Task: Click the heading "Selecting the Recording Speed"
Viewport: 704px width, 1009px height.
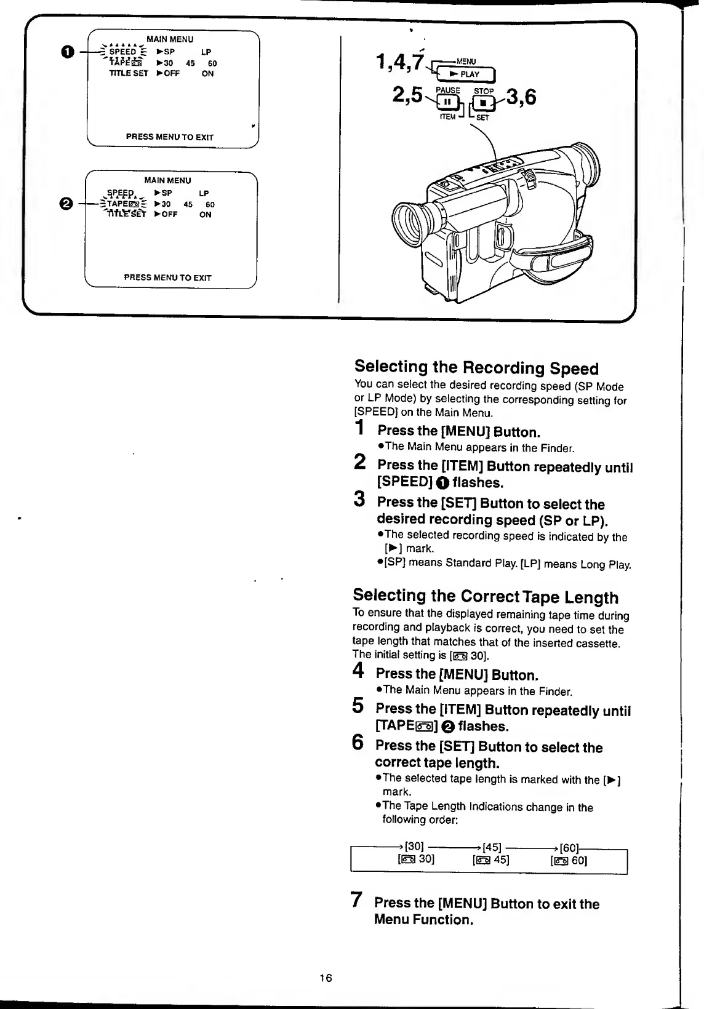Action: (476, 367)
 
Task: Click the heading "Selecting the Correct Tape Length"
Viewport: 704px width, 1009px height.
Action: (486, 596)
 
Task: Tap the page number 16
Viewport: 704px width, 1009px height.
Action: (326, 978)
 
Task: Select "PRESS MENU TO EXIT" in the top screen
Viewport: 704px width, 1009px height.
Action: (169, 137)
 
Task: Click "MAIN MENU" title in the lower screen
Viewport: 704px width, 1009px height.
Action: (167, 180)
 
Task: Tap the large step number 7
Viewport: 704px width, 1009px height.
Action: (356, 900)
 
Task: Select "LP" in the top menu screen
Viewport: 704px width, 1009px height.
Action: (206, 52)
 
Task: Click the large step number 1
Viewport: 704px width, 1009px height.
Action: (360, 427)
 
